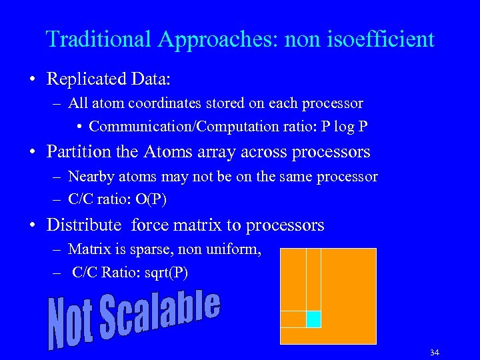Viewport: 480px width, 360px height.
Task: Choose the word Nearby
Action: click(x=91, y=177)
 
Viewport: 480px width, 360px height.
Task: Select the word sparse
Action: click(x=157, y=250)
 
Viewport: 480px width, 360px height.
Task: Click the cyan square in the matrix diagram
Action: click(x=313, y=319)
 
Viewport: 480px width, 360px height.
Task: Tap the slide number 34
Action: click(x=435, y=352)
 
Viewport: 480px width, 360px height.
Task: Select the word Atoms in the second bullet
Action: click(x=167, y=152)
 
